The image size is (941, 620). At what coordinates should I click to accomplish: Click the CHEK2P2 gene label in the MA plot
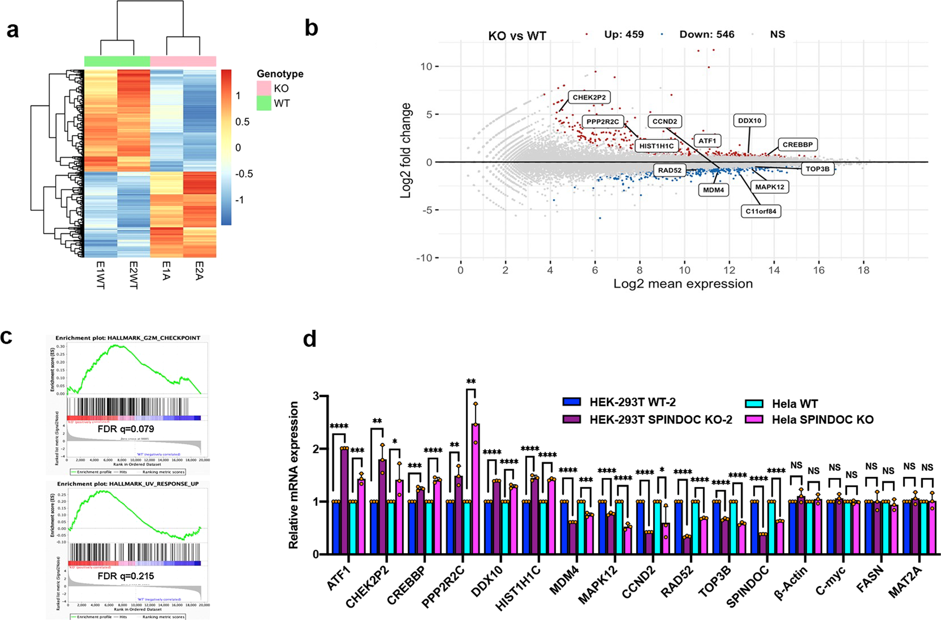tap(589, 97)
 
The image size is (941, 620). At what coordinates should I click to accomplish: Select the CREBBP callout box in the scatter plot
tap(797, 144)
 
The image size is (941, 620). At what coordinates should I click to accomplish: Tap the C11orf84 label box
tap(761, 211)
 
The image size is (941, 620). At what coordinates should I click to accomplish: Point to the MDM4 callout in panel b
tap(713, 190)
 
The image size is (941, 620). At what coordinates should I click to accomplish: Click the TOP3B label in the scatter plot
tap(817, 169)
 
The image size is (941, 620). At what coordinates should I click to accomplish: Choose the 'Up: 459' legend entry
tap(623, 34)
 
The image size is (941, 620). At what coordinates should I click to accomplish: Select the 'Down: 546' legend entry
tap(706, 34)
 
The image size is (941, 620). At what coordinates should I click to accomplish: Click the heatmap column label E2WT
tap(133, 275)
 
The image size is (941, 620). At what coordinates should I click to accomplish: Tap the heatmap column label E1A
tap(166, 271)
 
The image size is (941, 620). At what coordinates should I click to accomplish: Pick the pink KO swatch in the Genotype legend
tap(264, 88)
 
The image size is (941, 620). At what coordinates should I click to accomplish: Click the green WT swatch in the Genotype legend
tap(264, 103)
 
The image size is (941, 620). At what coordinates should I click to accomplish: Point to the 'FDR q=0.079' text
tap(126, 429)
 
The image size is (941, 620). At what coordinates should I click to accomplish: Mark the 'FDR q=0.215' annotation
tap(126, 576)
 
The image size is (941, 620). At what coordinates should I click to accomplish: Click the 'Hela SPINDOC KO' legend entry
tap(822, 420)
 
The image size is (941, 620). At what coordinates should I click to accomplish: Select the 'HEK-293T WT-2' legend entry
tap(632, 402)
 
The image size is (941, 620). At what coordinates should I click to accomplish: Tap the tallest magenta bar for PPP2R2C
tap(475, 489)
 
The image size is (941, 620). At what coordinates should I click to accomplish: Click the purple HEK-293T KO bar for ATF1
tap(344, 501)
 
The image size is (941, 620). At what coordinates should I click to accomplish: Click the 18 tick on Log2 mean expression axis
tap(863, 270)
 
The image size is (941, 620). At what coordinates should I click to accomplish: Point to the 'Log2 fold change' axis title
tap(406, 151)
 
